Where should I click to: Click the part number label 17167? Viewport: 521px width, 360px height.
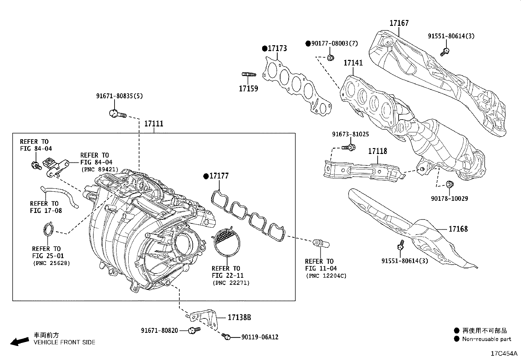pos(399,23)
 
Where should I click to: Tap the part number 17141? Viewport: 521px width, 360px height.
pos(353,63)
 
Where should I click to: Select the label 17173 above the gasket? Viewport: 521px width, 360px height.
pos(277,48)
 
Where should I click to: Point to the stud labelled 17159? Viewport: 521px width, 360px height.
pos(249,74)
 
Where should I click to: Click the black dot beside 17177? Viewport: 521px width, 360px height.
pos(206,176)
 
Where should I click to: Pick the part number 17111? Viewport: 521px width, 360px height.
pos(154,123)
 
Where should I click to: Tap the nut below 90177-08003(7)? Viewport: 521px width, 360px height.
pos(330,57)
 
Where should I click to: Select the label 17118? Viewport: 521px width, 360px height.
pos(377,151)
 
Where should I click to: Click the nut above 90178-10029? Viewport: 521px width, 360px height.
pos(450,184)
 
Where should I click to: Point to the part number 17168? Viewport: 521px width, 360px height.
pos(458,229)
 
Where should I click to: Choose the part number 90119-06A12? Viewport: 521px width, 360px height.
pos(260,337)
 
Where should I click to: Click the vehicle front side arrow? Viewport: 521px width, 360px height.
pos(20,342)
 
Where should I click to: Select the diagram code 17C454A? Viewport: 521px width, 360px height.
pos(504,353)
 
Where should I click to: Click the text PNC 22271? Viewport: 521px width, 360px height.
pos(231,283)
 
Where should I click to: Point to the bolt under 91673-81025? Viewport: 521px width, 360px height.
pos(349,147)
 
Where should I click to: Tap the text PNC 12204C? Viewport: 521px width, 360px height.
pos(326,276)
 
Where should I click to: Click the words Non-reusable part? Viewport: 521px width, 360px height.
pos(487,339)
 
